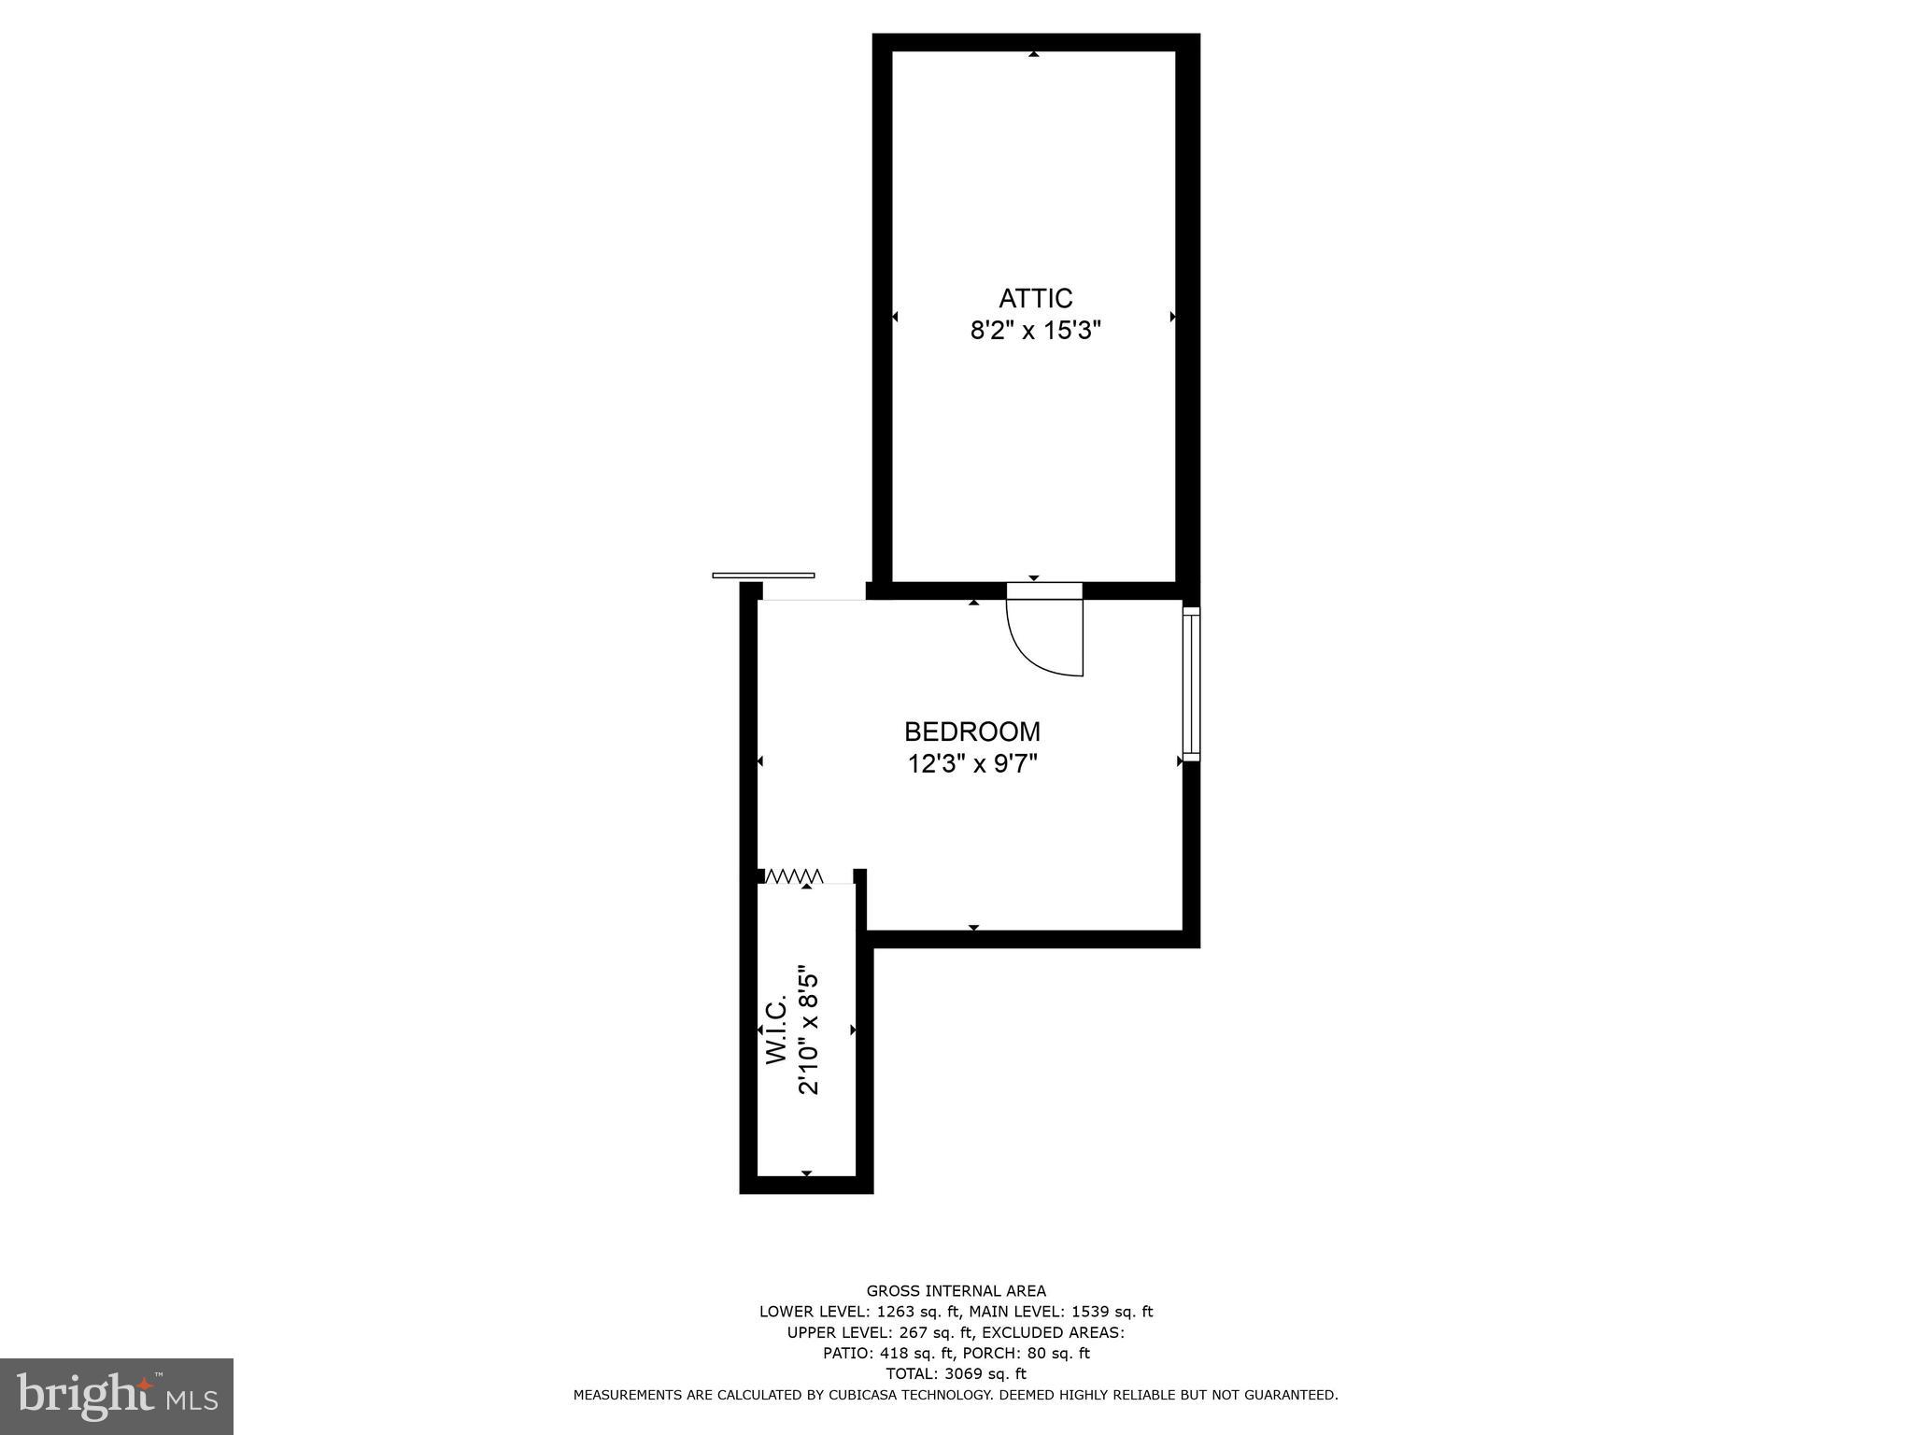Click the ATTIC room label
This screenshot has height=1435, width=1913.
1035,299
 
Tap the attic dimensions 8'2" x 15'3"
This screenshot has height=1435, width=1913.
1035,332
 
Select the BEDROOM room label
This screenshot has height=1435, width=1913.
971,732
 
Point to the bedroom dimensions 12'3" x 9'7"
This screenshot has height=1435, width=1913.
971,764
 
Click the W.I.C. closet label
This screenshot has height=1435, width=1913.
777,1029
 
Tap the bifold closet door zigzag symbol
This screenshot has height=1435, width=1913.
794,875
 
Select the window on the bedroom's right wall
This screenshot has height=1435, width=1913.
1191,682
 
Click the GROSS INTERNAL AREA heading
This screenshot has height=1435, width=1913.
956,1291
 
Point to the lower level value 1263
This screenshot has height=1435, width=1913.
895,1312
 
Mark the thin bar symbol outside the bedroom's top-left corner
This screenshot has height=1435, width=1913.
763,575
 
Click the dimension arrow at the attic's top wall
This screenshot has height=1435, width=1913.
1033,55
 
